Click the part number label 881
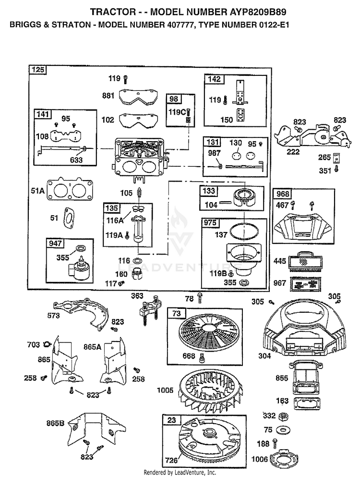click(x=108, y=96)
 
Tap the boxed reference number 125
click(x=38, y=70)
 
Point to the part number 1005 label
click(x=165, y=390)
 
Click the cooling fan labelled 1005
click(x=212, y=391)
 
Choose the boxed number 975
click(x=210, y=223)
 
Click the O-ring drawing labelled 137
click(x=242, y=232)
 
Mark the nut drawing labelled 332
click(x=283, y=416)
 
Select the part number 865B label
click(x=55, y=423)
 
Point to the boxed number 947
click(x=55, y=243)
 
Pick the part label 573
click(x=53, y=316)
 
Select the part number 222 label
click(x=293, y=151)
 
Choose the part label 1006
click(x=260, y=459)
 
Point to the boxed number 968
click(x=283, y=194)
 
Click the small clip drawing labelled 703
click(x=47, y=344)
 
